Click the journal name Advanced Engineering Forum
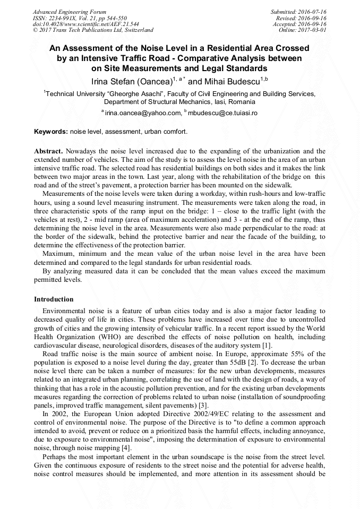click(x=70, y=12)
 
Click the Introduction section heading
click(x=54, y=299)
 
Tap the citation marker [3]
click(x=203, y=406)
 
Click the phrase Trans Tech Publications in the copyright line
click(x=79, y=30)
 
